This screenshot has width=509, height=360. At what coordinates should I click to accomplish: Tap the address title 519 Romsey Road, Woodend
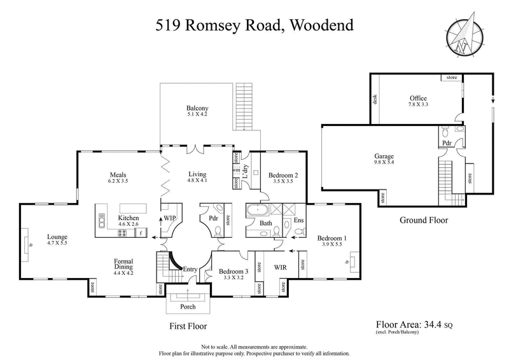coord(254,26)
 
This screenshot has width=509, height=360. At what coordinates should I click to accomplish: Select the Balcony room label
coord(197,108)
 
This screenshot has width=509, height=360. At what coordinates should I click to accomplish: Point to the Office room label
coord(418,98)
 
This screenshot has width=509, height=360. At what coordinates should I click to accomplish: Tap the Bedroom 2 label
coord(279,175)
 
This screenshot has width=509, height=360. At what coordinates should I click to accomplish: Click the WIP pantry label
coord(169,218)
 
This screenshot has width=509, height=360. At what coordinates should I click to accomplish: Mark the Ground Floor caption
coord(424,220)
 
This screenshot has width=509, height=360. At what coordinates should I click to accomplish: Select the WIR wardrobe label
coord(281,267)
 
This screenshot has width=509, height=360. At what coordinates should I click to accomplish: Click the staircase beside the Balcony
coord(244,104)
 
